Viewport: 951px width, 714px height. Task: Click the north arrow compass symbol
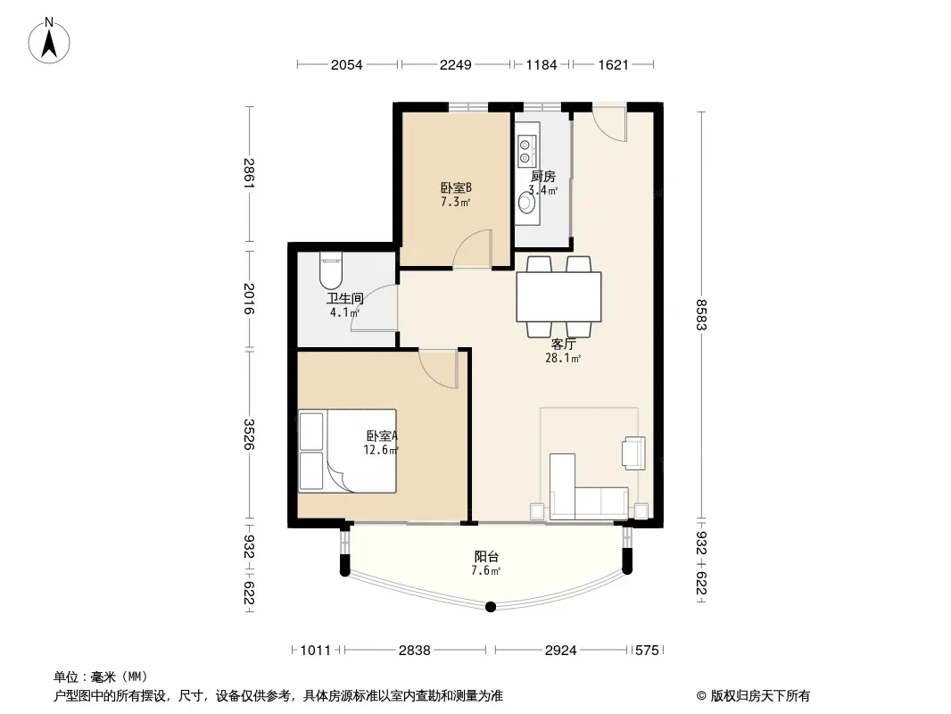click(49, 41)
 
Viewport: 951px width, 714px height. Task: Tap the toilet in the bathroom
click(331, 272)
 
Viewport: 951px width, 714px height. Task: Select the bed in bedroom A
click(347, 451)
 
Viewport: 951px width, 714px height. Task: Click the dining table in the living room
click(558, 296)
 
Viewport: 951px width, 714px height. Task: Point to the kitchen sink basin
click(525, 203)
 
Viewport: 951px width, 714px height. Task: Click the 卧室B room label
click(456, 188)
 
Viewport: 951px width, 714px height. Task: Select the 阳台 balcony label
click(486, 556)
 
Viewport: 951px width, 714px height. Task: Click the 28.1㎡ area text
click(563, 358)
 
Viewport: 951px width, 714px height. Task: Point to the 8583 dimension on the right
click(701, 314)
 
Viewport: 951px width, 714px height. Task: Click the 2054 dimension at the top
click(346, 64)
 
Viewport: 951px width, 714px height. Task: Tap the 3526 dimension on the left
click(249, 435)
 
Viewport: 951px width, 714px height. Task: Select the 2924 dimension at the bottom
click(560, 651)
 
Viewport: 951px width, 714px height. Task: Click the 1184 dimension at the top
click(541, 64)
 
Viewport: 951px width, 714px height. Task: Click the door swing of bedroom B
click(472, 248)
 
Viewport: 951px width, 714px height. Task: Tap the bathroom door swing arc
click(374, 309)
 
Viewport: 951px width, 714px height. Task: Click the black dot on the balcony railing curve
click(492, 607)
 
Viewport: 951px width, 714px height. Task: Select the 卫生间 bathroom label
click(344, 298)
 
